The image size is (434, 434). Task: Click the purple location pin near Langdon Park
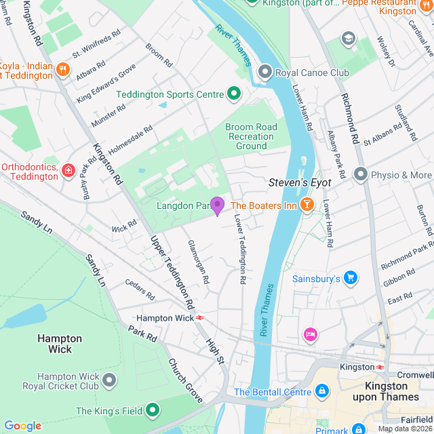[217, 205]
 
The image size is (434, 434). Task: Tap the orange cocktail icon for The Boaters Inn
[307, 204]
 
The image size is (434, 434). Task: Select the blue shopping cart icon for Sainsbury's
[350, 278]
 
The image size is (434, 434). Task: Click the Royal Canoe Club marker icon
[264, 71]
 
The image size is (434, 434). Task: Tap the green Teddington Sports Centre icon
[234, 94]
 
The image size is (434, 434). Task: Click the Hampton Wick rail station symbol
[201, 317]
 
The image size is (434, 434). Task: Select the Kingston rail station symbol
[381, 367]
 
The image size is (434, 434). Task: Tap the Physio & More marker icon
[361, 175]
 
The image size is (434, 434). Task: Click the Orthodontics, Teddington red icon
[68, 170]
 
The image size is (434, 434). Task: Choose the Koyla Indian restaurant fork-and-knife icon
[63, 68]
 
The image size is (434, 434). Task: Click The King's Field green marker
[153, 410]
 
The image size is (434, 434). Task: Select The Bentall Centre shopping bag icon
[322, 392]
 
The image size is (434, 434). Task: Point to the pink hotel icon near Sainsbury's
[311, 334]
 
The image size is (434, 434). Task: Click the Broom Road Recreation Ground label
[251, 136]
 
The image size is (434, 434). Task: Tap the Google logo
[22, 426]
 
